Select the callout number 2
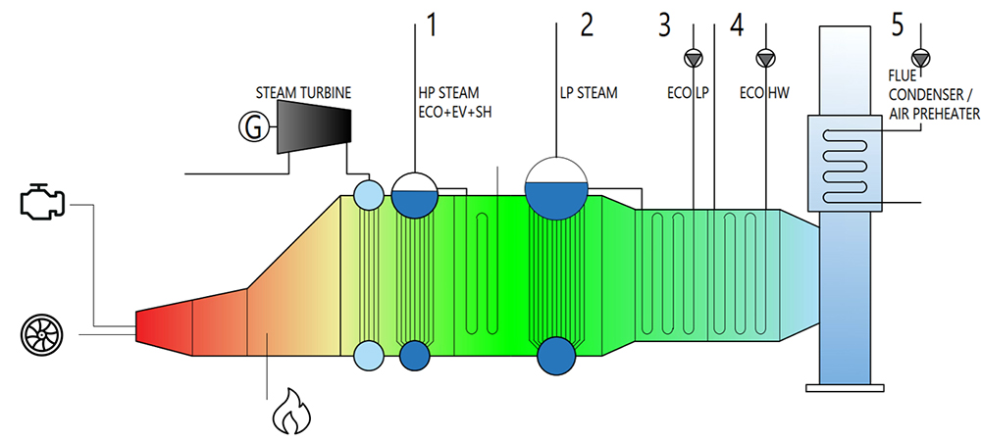coord(587,23)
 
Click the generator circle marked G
coord(251,124)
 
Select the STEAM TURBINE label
coord(303,93)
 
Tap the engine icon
coord(44,200)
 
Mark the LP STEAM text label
coord(589,94)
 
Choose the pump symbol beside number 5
coord(919,57)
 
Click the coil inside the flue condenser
coord(845,163)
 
